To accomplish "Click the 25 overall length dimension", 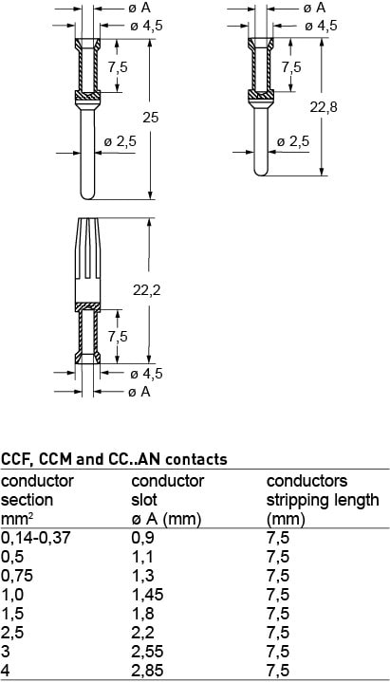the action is click(x=151, y=118).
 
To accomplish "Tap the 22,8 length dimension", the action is click(x=324, y=107).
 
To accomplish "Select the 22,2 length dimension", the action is click(x=147, y=290).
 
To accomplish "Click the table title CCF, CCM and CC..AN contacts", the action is click(x=114, y=459).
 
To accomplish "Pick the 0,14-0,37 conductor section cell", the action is click(x=36, y=538).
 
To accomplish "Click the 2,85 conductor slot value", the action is click(x=149, y=671).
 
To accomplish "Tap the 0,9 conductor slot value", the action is click(x=142, y=538).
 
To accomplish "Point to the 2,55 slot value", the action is click(x=149, y=651).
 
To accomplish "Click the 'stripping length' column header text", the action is click(x=323, y=501).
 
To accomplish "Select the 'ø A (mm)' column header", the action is click(x=166, y=520).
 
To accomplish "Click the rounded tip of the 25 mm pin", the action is click(x=87, y=195).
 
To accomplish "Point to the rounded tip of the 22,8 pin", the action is click(x=261, y=172).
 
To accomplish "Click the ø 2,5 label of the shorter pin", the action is click(x=293, y=141).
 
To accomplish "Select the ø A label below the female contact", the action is click(x=139, y=392).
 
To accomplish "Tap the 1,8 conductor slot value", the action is click(x=142, y=614).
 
